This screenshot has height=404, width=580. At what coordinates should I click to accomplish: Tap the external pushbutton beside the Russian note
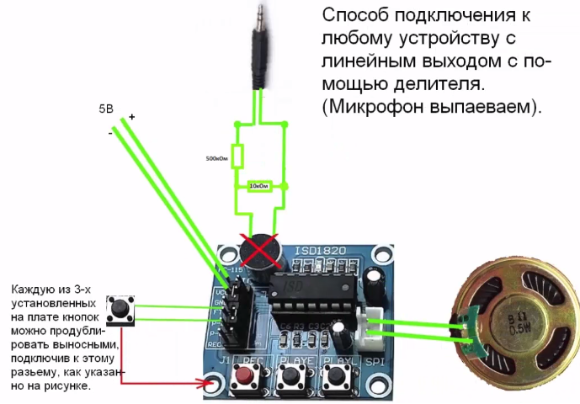127,311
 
